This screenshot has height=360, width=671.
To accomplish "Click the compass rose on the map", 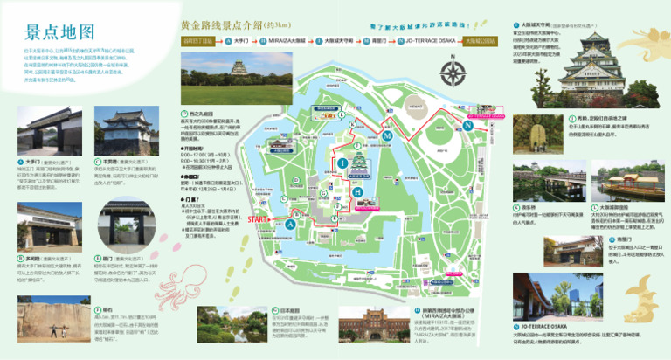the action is [453, 73].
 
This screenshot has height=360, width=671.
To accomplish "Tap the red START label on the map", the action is [259, 218].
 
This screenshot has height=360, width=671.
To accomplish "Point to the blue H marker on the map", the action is [357, 191].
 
